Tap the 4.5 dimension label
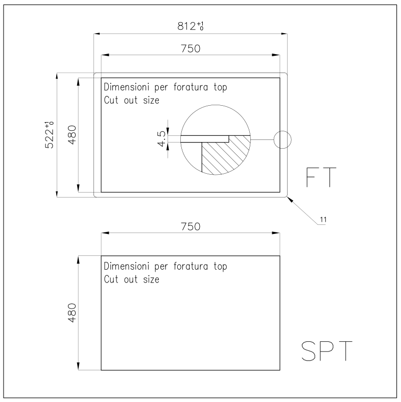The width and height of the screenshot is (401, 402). pos(161,139)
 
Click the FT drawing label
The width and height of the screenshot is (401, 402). pos(321,177)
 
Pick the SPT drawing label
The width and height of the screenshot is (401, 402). pos(326,351)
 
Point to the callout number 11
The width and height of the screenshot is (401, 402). pos(323,220)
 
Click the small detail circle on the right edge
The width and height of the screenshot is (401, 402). pos(282,140)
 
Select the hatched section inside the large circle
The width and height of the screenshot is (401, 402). pos(223,154)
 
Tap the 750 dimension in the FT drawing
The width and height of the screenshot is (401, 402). pos(191,49)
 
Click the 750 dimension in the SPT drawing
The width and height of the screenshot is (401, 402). pos(191,227)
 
